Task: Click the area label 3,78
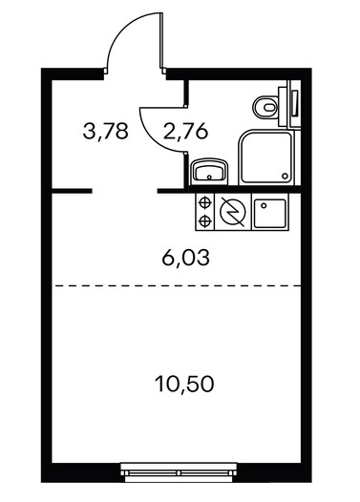(x=105, y=132)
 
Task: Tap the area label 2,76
(x=185, y=132)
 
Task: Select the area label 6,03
(x=186, y=258)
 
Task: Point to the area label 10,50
(x=184, y=384)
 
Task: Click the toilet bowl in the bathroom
(x=265, y=107)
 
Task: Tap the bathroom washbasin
(x=209, y=172)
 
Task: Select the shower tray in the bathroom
(x=265, y=157)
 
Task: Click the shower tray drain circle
(x=285, y=176)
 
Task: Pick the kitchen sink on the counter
(x=269, y=213)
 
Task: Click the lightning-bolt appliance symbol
(x=233, y=212)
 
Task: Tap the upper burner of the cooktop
(x=204, y=202)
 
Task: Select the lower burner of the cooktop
(x=204, y=220)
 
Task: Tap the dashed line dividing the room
(x=178, y=285)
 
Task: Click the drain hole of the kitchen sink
(x=264, y=205)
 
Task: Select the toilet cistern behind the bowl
(x=282, y=107)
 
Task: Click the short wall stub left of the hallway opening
(x=72, y=191)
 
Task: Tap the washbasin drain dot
(x=209, y=177)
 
